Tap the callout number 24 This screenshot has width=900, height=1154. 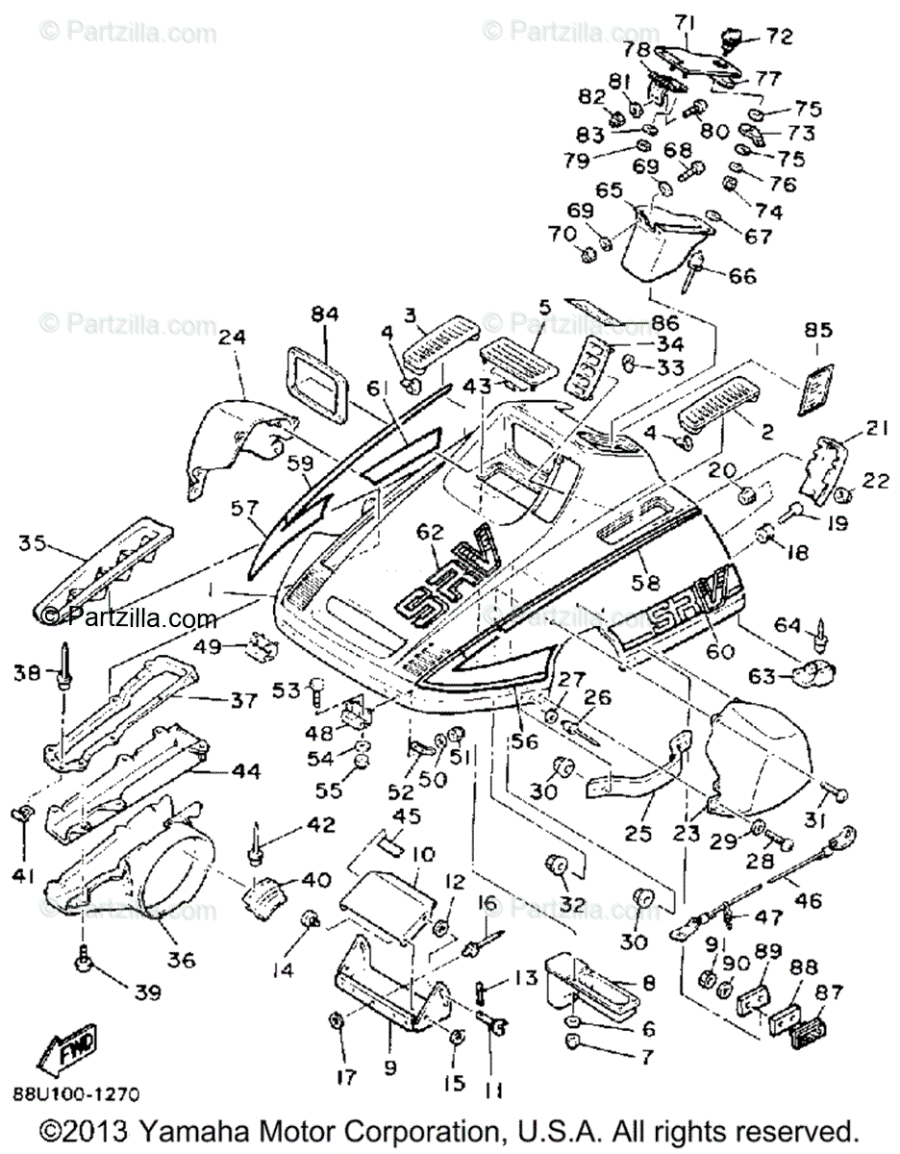coord(231,338)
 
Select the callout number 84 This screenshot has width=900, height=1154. coord(327,314)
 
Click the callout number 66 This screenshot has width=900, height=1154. coord(741,276)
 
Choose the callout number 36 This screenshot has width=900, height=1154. coord(182,958)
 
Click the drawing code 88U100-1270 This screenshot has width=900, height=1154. coord(76,1093)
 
